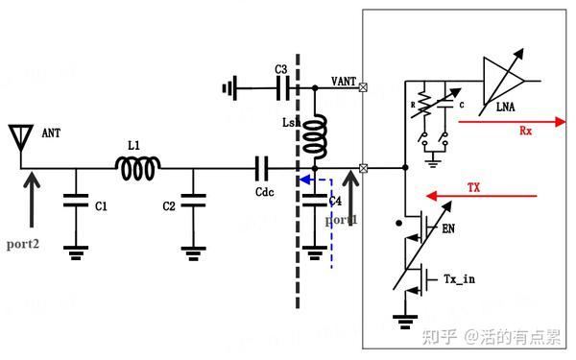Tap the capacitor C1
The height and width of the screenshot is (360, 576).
coord(74,204)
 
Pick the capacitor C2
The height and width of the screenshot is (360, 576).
coord(195,204)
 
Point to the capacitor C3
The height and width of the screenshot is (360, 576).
coord(282,89)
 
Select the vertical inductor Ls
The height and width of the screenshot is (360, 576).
coord(316,135)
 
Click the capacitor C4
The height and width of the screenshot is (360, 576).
coord(315,204)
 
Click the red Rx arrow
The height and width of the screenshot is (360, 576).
coord(509,123)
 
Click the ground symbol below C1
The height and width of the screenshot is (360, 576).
coord(74,252)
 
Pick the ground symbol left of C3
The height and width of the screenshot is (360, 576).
coord(229,89)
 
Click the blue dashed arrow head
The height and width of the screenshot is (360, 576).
coord(301,179)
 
